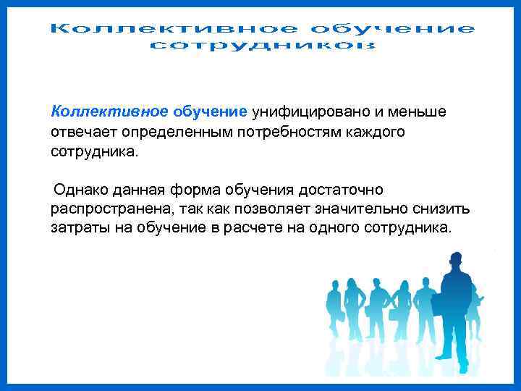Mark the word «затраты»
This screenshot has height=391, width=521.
point(78,228)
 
